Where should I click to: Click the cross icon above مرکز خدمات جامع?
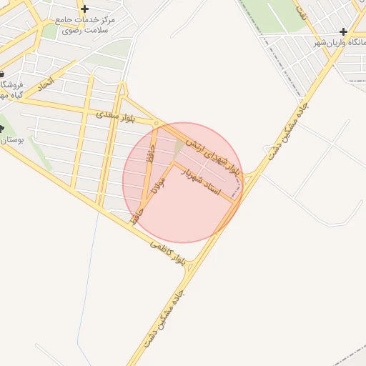(x=85, y=9)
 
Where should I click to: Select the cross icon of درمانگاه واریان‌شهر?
(x=344, y=32)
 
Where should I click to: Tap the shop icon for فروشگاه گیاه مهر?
(x=1, y=74)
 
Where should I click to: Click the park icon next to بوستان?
(x=1, y=129)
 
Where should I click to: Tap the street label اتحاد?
(x=45, y=85)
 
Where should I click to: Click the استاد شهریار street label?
(x=204, y=181)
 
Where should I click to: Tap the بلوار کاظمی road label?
(x=169, y=254)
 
